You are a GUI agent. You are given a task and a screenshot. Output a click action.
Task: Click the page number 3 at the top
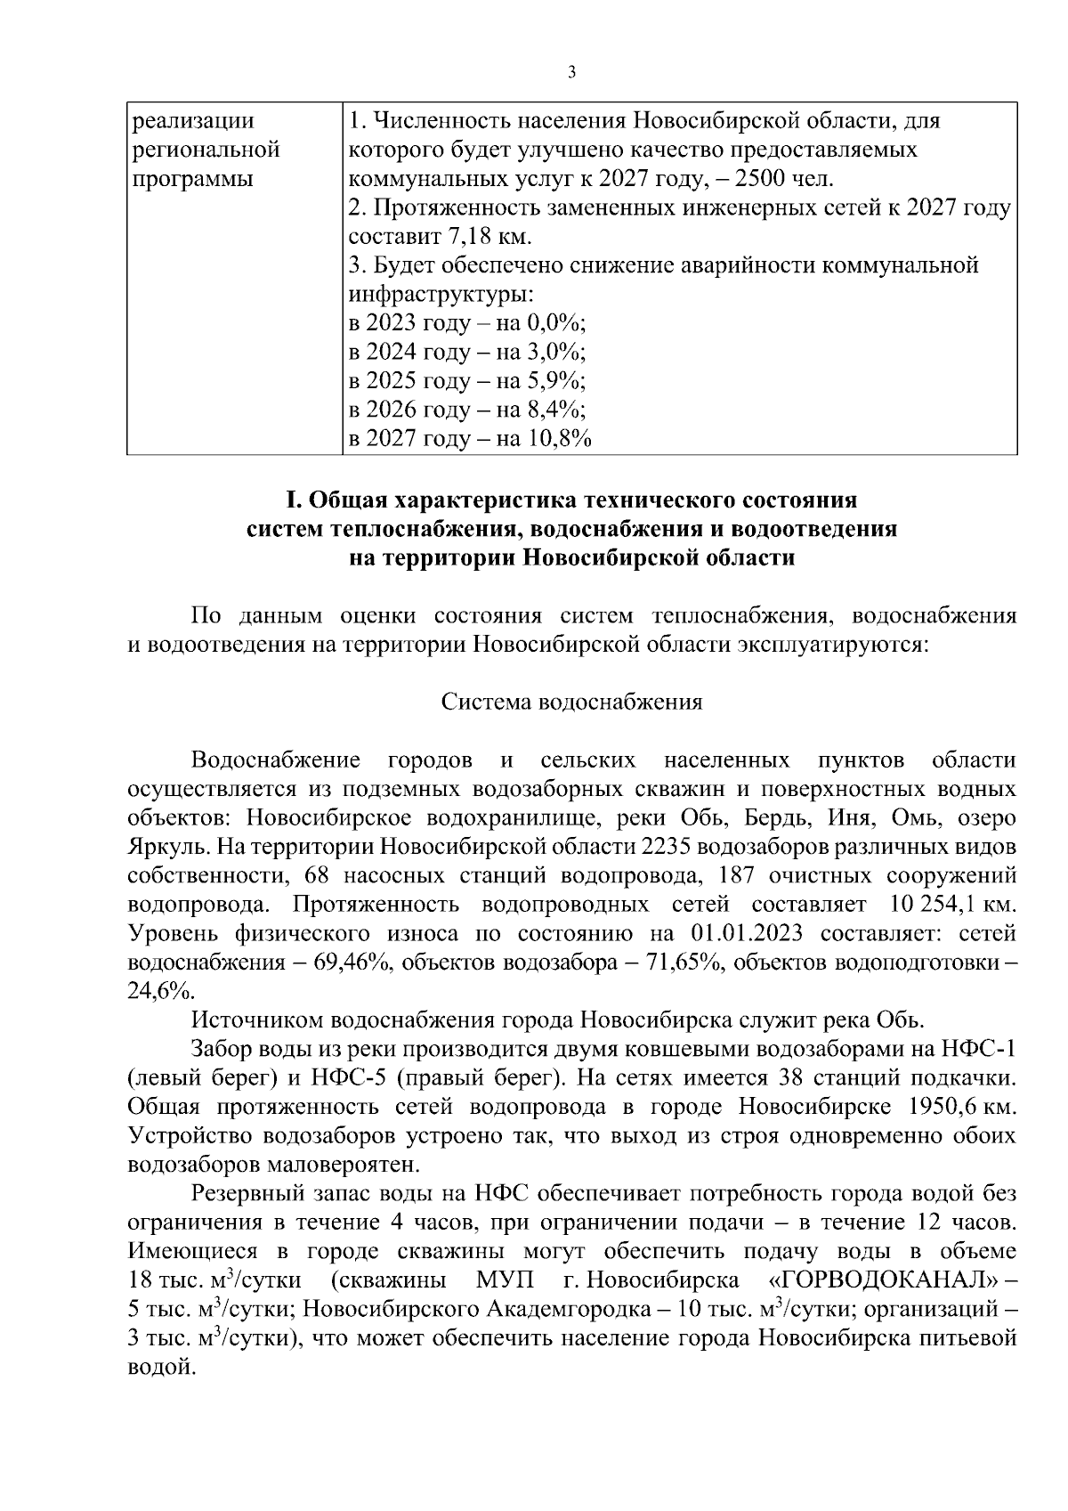click(571, 73)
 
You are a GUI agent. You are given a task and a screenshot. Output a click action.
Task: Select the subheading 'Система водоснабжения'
click(571, 702)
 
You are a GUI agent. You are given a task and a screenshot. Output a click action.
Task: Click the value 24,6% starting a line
click(159, 991)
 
